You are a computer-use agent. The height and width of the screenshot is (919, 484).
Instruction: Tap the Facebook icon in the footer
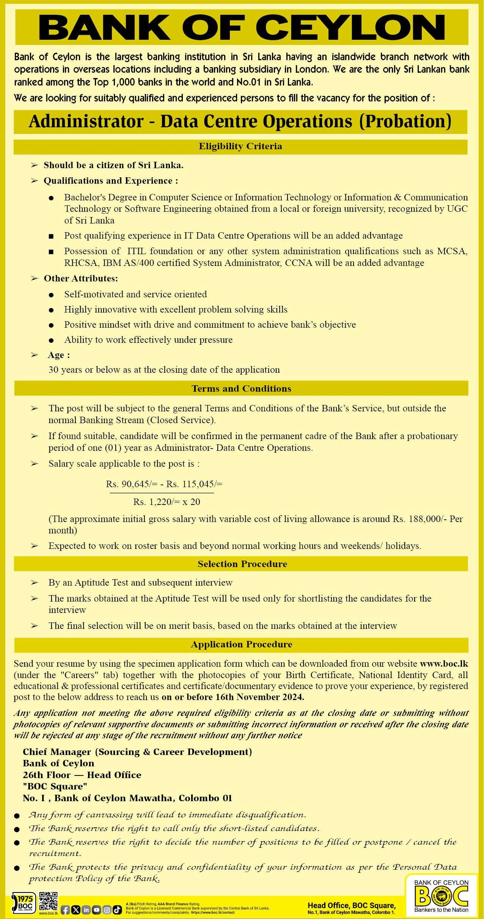tap(65, 910)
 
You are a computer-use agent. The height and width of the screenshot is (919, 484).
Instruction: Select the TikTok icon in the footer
tap(117, 910)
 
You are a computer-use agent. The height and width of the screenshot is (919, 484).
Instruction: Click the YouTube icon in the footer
tap(96, 910)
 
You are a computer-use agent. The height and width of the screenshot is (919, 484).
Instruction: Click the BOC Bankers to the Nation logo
tap(442, 896)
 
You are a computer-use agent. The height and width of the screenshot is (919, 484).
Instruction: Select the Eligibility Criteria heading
tap(240, 147)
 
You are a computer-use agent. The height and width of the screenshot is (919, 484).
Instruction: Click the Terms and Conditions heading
tap(241, 389)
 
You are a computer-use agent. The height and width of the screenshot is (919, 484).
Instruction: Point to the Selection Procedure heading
tap(242, 564)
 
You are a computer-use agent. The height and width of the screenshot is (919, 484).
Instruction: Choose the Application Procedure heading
tap(241, 644)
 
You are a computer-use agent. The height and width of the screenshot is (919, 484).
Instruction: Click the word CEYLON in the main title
tap(350, 27)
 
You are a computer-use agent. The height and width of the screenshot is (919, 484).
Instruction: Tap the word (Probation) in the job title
tap(405, 122)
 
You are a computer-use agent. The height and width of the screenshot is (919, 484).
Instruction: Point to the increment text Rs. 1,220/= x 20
tap(167, 502)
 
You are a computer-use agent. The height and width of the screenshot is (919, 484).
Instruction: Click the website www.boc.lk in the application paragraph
tap(444, 664)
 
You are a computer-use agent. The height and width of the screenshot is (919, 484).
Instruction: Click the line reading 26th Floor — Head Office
tap(82, 775)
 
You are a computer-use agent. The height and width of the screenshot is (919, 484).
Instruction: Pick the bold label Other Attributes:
tap(81, 278)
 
